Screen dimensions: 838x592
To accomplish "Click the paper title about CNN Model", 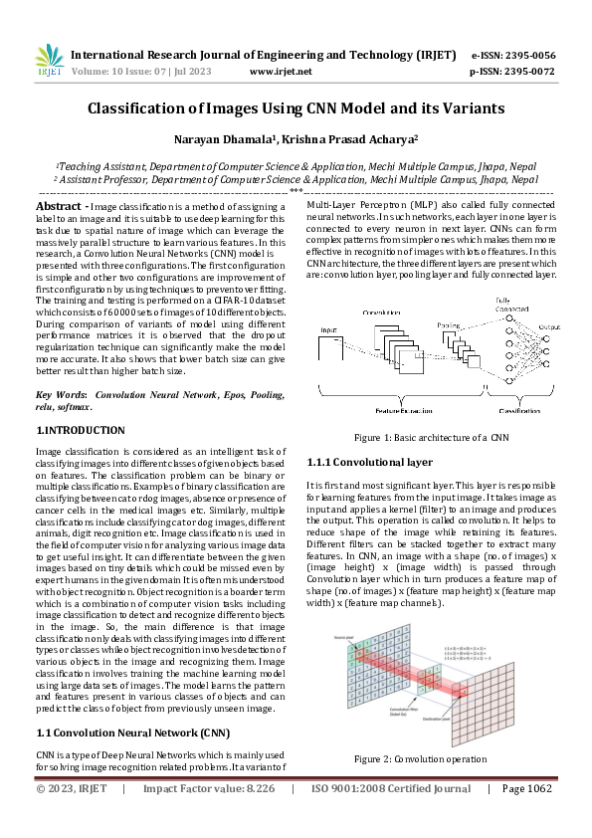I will pos(296,108).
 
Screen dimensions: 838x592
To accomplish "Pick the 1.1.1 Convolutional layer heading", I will pos(369,463).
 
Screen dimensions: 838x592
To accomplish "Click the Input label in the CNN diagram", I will pos(328,328).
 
